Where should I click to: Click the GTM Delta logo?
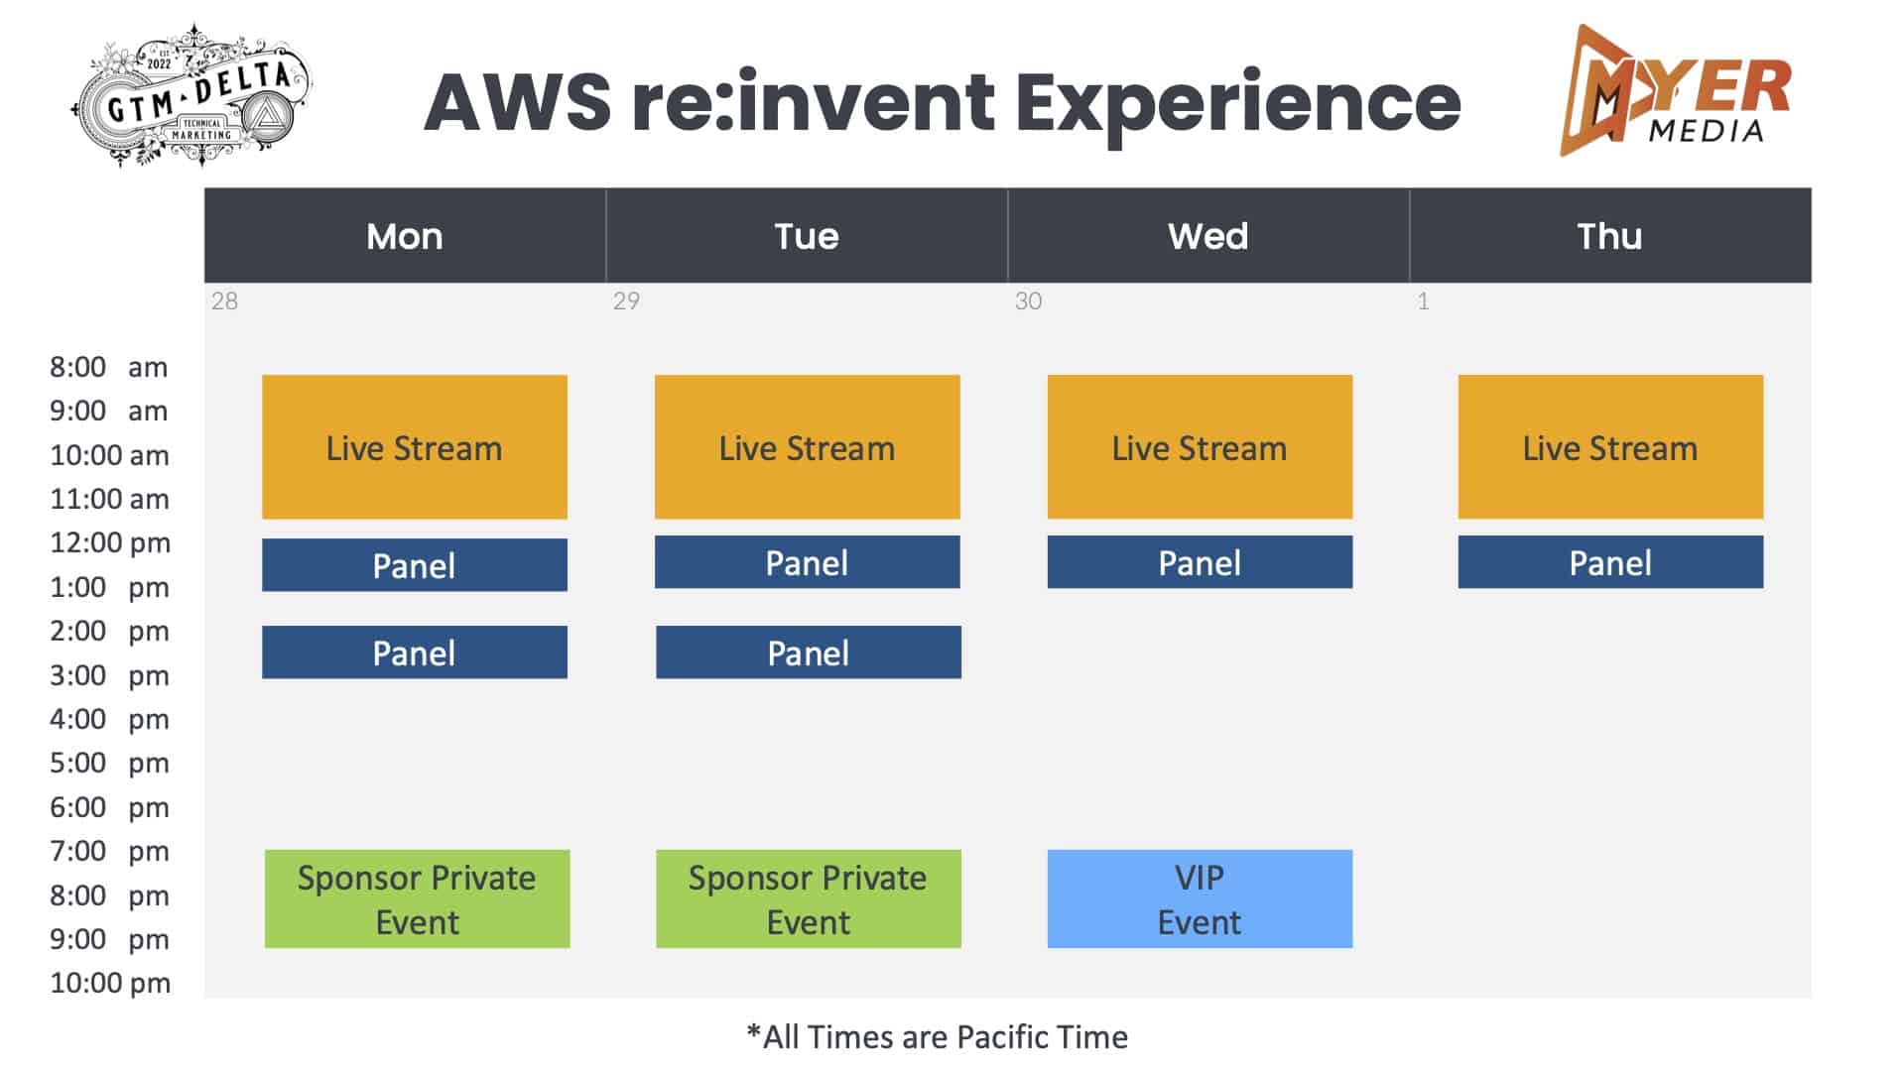192,95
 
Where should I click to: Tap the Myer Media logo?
1675,90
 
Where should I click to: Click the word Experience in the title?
1237,103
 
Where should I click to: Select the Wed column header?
1208,236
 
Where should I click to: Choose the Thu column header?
1610,236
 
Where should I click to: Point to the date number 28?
224,301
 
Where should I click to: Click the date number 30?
1028,301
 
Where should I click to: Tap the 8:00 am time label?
109,367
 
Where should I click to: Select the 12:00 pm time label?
110,542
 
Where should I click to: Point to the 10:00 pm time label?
110,983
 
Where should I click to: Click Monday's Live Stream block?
415,447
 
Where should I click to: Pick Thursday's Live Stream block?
1610,447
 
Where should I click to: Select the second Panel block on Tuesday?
809,653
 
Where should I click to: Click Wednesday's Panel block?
1200,562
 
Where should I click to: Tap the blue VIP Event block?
1200,898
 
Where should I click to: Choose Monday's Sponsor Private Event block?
418,898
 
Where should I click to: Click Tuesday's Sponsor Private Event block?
809,898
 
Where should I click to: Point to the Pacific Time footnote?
938,1037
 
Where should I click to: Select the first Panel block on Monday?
415,565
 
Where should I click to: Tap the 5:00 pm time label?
109,763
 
